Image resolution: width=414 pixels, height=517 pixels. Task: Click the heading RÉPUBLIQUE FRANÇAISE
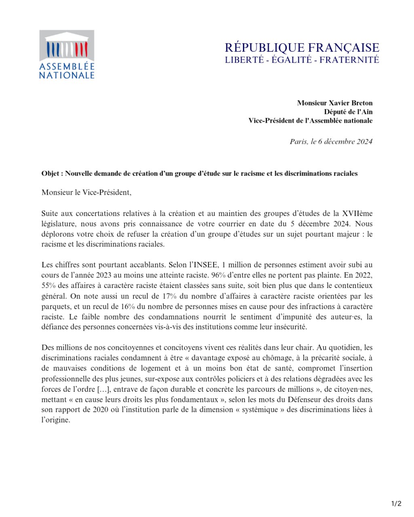click(x=302, y=48)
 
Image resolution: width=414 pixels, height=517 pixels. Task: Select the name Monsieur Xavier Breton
click(x=334, y=103)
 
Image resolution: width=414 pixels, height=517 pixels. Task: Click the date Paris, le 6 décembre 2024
click(x=331, y=141)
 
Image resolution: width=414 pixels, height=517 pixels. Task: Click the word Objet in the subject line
click(x=51, y=174)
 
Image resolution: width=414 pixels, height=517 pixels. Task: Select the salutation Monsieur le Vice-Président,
click(x=86, y=192)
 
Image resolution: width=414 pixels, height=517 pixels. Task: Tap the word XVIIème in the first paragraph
click(x=357, y=213)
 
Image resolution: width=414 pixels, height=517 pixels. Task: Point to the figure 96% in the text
click(x=218, y=275)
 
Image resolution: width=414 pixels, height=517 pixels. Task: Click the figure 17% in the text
click(x=169, y=296)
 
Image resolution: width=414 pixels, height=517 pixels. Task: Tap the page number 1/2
click(x=396, y=503)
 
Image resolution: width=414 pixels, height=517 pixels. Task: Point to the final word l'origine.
click(x=55, y=420)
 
